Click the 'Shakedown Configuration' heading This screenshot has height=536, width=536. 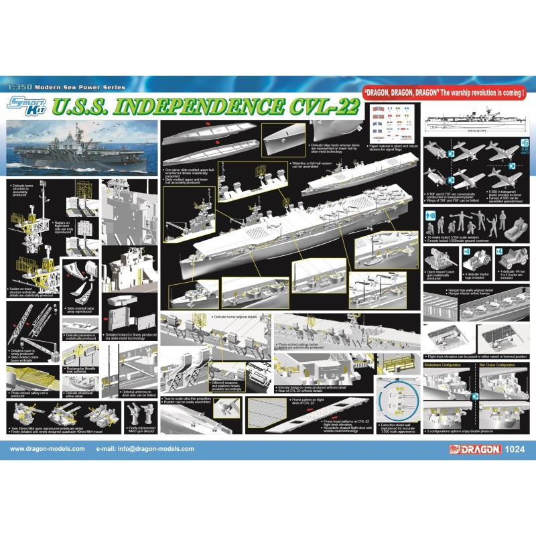pyautogui.click(x=445, y=365)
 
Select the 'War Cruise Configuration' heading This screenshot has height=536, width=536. pyautogui.click(x=496, y=365)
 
